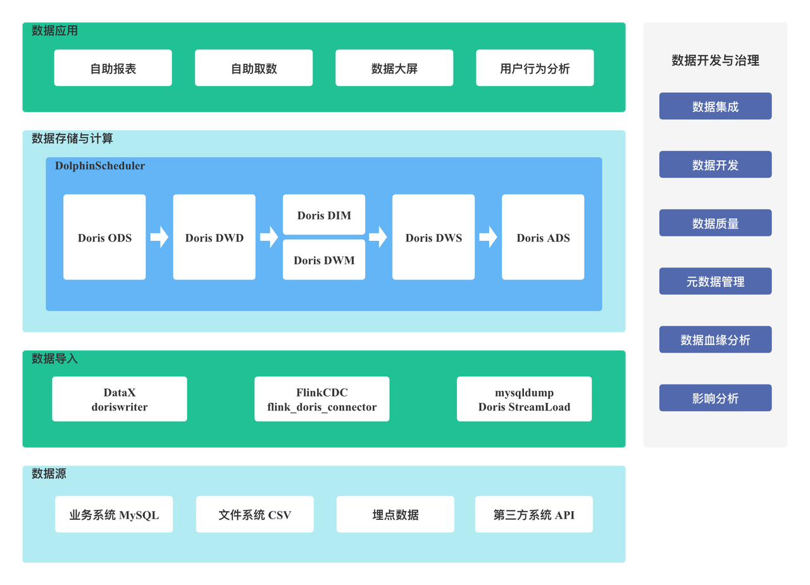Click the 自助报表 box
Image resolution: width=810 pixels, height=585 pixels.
tap(113, 68)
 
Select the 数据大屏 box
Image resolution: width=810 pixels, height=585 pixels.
tap(394, 68)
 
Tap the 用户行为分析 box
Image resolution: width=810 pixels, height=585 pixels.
tap(535, 68)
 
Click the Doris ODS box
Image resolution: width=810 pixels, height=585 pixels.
tap(104, 237)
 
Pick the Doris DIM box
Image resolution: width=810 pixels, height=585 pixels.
tap(324, 214)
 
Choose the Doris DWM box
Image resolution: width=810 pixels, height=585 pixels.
tap(324, 259)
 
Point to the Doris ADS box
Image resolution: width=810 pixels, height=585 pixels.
tap(543, 237)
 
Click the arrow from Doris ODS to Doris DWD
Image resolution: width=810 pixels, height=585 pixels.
tap(159, 237)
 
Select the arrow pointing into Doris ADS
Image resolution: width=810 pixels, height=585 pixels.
tap(488, 237)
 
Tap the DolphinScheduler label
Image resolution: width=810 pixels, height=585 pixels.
tap(100, 166)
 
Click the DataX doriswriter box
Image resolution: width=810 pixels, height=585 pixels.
tap(120, 399)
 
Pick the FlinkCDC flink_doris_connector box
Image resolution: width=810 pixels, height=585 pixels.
tap(322, 399)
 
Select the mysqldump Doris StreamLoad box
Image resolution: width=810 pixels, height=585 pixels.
tap(525, 399)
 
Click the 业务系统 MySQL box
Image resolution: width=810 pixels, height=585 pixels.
tap(114, 514)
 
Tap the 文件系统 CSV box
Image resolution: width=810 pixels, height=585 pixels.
tap(255, 514)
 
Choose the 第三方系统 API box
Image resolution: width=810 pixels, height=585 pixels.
tap(533, 514)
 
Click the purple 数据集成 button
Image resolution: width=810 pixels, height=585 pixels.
tap(715, 106)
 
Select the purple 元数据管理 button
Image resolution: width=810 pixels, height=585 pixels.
tap(715, 281)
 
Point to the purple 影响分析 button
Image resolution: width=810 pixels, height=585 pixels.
tap(715, 398)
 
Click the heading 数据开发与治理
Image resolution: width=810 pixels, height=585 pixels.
tap(715, 60)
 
